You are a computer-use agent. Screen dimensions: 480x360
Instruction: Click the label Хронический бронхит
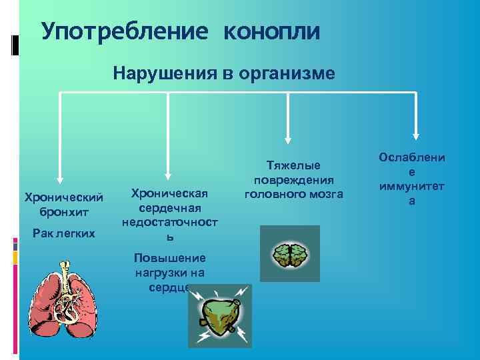(x=63, y=204)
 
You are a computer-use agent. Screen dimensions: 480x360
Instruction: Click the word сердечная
(x=170, y=208)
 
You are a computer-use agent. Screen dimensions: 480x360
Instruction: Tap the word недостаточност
(x=170, y=222)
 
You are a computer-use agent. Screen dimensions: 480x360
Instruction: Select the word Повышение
(x=170, y=258)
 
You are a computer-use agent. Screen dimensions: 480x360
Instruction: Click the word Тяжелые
(x=293, y=165)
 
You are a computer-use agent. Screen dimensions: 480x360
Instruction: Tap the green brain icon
(x=289, y=254)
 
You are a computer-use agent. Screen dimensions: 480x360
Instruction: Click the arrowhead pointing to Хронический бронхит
(x=61, y=178)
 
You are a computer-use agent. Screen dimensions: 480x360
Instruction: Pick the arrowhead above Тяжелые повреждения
(x=288, y=139)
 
